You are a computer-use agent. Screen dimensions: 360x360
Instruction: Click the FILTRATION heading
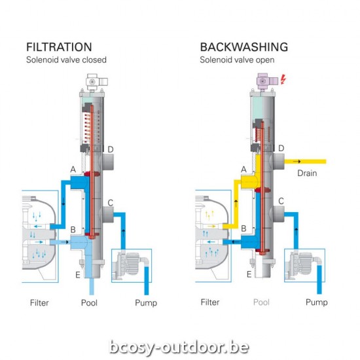58,47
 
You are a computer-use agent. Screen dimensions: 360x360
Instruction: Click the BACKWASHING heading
243,47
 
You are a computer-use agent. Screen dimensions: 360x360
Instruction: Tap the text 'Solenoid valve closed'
65,60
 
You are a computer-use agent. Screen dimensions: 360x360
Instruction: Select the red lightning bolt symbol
283,81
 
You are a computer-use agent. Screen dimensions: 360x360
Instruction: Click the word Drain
308,173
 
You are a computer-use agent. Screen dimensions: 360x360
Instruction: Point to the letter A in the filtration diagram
73,170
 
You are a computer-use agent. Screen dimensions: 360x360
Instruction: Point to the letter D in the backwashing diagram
281,149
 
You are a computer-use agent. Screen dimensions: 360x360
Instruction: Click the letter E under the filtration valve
77,274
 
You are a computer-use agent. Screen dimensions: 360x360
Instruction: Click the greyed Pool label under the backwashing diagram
261,302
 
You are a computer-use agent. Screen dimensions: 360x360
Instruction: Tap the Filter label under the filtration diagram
39,302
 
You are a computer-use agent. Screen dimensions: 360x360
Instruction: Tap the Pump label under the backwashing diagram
317,302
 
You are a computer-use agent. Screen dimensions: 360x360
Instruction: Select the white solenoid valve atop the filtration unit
92,82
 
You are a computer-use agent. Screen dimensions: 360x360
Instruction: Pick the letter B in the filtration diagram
73,230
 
